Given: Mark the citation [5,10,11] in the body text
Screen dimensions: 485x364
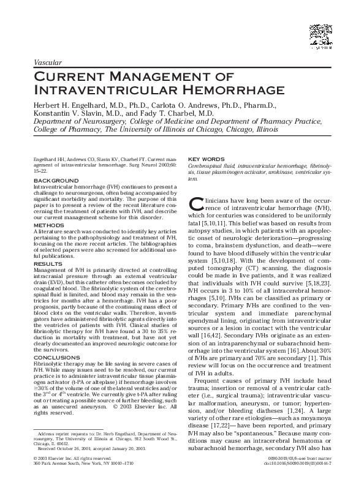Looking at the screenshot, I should (x=215, y=224).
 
